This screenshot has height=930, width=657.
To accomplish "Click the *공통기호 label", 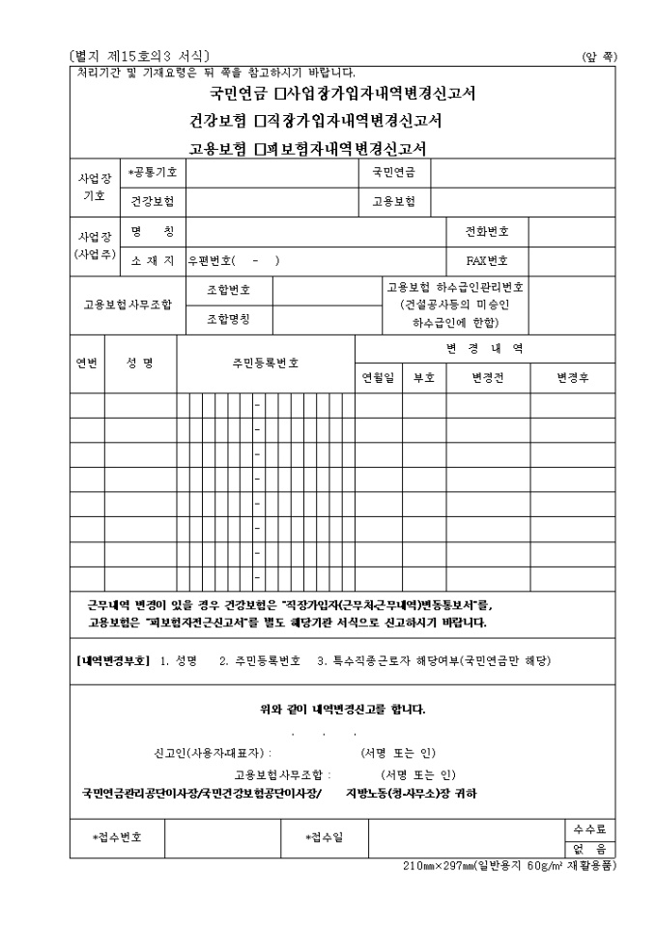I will [153, 173].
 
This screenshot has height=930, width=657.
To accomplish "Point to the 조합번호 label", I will [229, 290].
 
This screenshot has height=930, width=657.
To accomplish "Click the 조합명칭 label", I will [229, 317].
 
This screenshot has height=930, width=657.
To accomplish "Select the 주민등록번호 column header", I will [265, 363].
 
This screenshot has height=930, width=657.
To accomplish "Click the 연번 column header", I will [87, 363].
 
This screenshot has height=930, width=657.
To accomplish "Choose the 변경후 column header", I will [573, 378].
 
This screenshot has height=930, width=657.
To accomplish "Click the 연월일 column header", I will [378, 378].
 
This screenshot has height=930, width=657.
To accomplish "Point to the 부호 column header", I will [423, 378].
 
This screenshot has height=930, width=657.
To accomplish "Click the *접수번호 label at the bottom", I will [117, 837].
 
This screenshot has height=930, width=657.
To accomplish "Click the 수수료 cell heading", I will [589, 829].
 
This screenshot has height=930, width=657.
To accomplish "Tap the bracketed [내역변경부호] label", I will [113, 661].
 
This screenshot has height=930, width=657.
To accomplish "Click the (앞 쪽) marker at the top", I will [598, 57].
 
